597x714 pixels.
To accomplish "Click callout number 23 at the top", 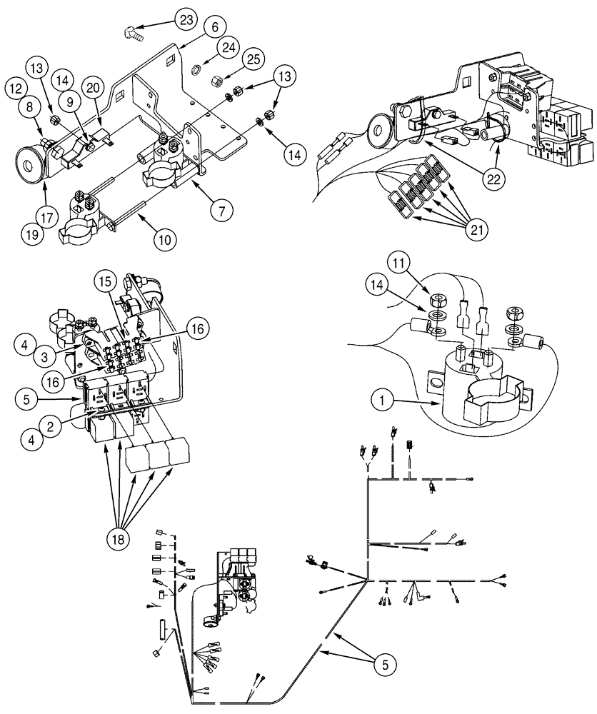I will click(186, 21).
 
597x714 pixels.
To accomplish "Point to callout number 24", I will click(228, 48).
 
